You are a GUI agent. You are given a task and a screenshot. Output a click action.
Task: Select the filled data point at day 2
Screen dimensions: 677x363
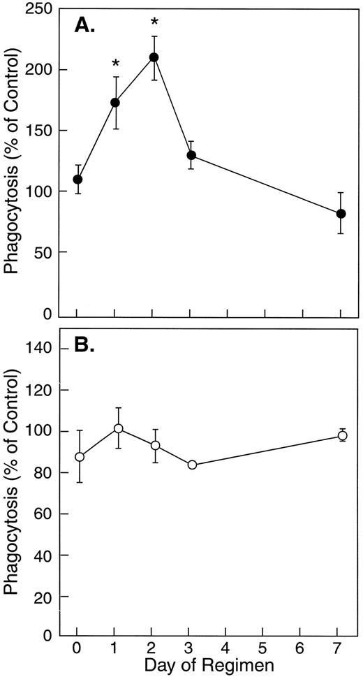pos(154,57)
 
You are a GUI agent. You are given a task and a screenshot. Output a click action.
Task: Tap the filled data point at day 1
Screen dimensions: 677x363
pos(115,103)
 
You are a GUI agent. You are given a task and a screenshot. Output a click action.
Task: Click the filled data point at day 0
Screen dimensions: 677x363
pos(77,180)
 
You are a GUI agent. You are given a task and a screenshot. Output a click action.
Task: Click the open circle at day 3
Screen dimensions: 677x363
pos(192,465)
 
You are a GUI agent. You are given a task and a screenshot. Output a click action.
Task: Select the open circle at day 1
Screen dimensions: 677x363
pos(118,428)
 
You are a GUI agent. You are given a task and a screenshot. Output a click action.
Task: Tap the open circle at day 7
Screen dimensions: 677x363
pos(342,435)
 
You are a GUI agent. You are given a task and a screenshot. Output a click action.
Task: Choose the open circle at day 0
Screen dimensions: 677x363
pos(80,457)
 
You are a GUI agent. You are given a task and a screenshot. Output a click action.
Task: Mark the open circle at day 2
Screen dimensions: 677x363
pos(155,445)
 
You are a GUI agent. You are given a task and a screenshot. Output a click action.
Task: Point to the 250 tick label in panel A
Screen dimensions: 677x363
pos(43,9)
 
